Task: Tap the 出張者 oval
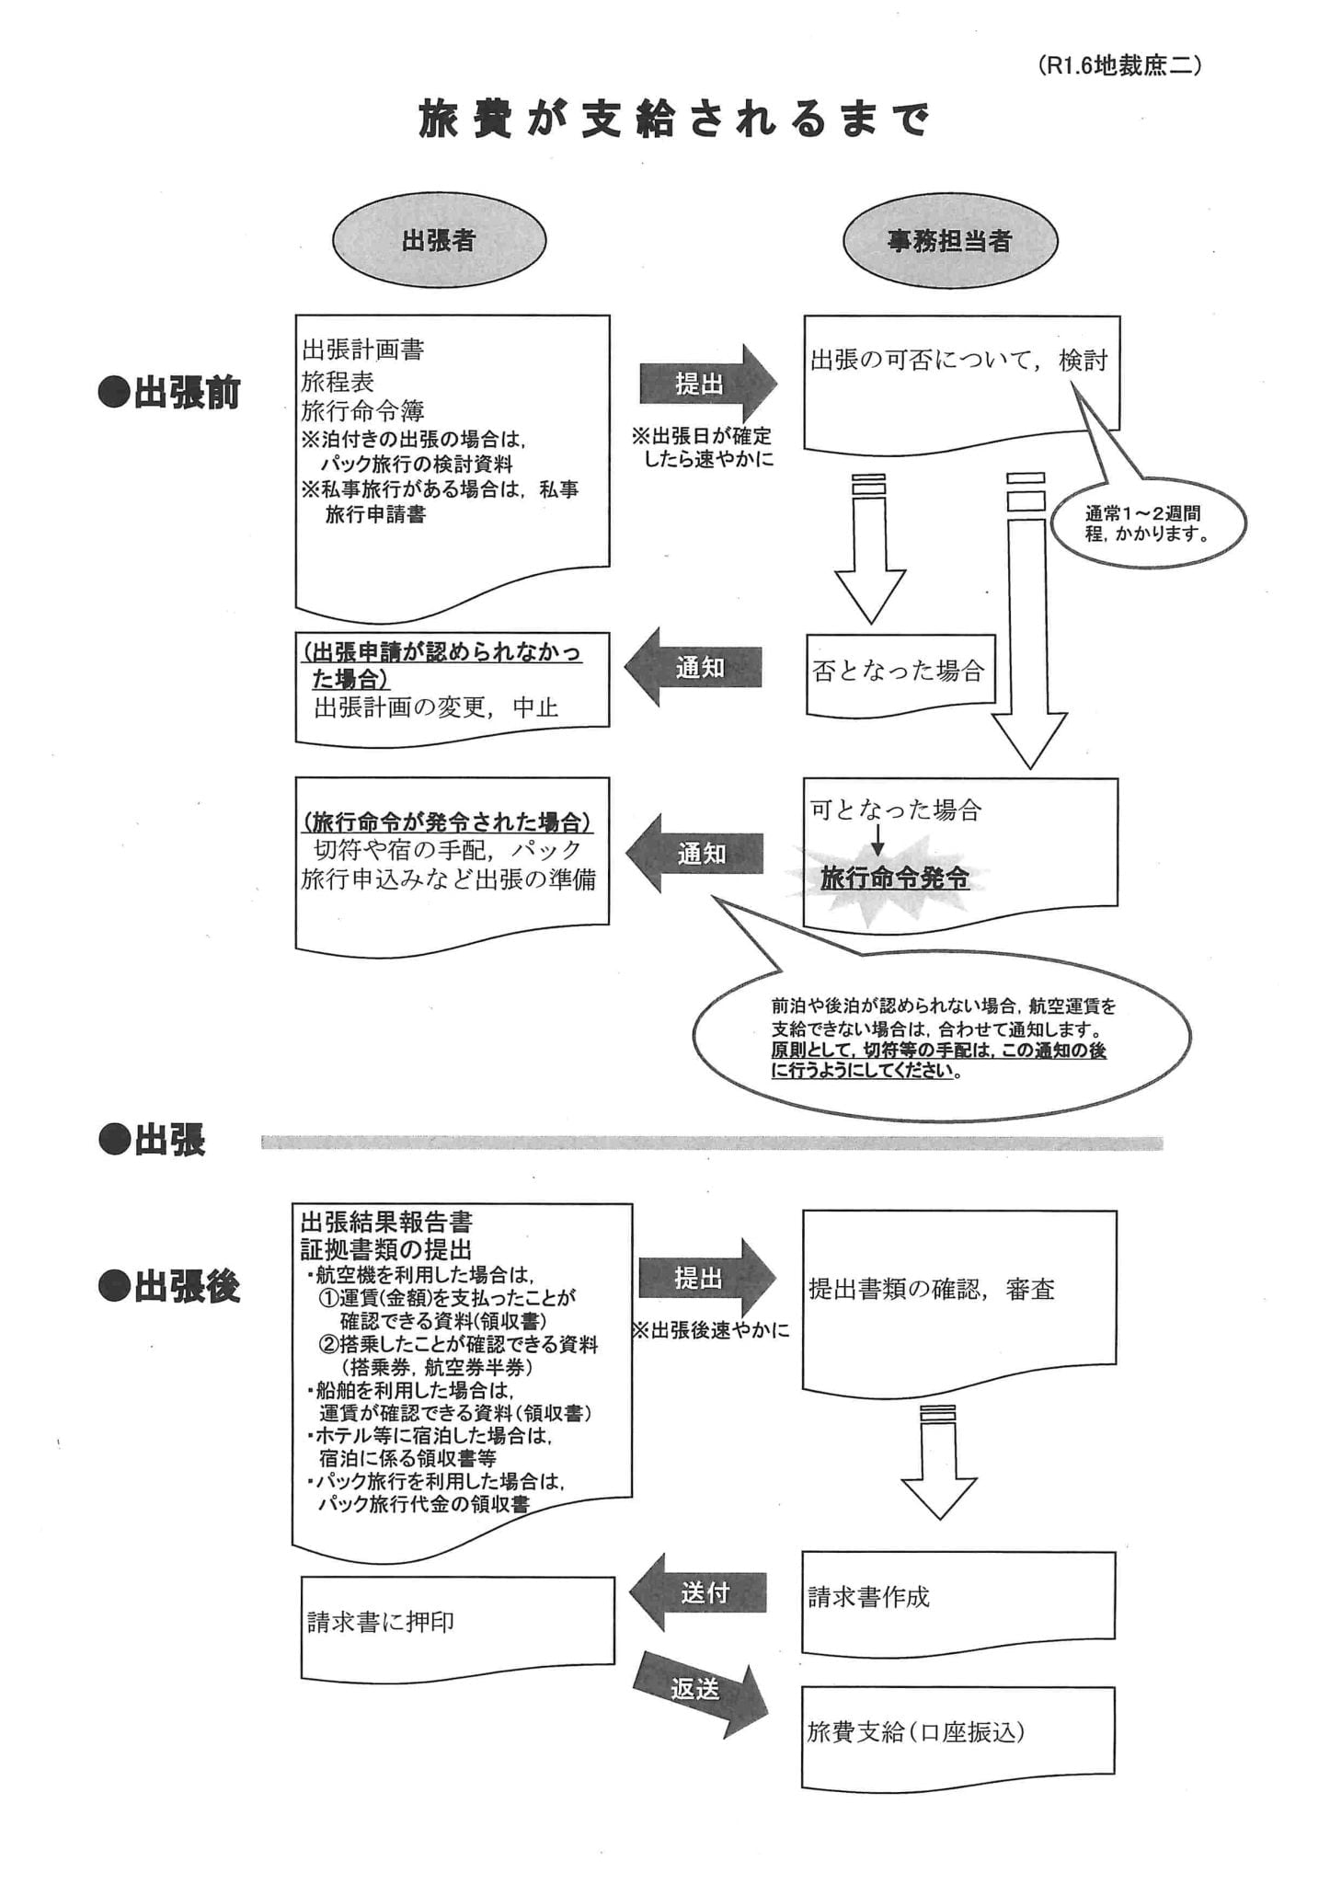point(439,241)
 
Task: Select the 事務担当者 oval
point(949,241)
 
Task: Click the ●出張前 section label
point(170,393)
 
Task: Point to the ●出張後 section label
point(170,1287)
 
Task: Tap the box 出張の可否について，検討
point(960,377)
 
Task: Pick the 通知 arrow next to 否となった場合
point(695,668)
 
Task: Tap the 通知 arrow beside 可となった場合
point(697,854)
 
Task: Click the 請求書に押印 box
point(457,1623)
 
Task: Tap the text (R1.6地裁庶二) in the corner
point(1118,66)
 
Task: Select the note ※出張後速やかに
point(711,1331)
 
